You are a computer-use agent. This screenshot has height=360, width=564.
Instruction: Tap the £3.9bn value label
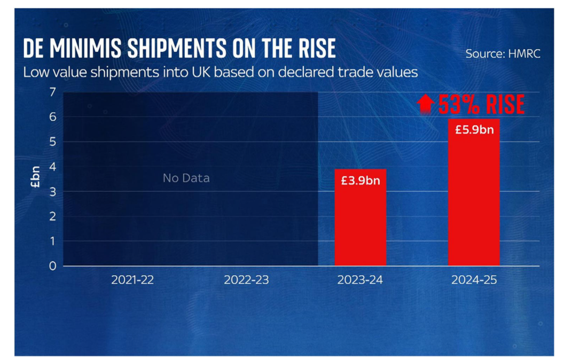(x=361, y=181)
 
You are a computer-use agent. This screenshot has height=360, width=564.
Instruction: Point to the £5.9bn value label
(x=474, y=130)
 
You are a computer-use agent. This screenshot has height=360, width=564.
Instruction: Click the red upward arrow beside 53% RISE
(x=426, y=104)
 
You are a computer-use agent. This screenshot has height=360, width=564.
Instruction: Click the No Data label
(x=186, y=178)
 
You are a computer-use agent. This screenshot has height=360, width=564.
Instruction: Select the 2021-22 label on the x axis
(x=132, y=280)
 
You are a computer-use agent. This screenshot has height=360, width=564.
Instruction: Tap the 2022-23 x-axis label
(x=246, y=280)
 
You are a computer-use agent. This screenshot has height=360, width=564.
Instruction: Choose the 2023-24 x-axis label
(x=360, y=280)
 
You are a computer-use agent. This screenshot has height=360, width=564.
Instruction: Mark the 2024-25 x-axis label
(x=474, y=280)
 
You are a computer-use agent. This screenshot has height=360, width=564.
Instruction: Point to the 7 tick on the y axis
(x=52, y=92)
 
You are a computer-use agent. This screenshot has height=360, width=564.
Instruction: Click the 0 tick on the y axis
(x=52, y=265)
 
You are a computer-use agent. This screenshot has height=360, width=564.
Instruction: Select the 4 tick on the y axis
(x=52, y=167)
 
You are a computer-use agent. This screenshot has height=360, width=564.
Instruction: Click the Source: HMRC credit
(x=502, y=54)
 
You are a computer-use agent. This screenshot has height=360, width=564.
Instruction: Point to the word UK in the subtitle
(x=214, y=72)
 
